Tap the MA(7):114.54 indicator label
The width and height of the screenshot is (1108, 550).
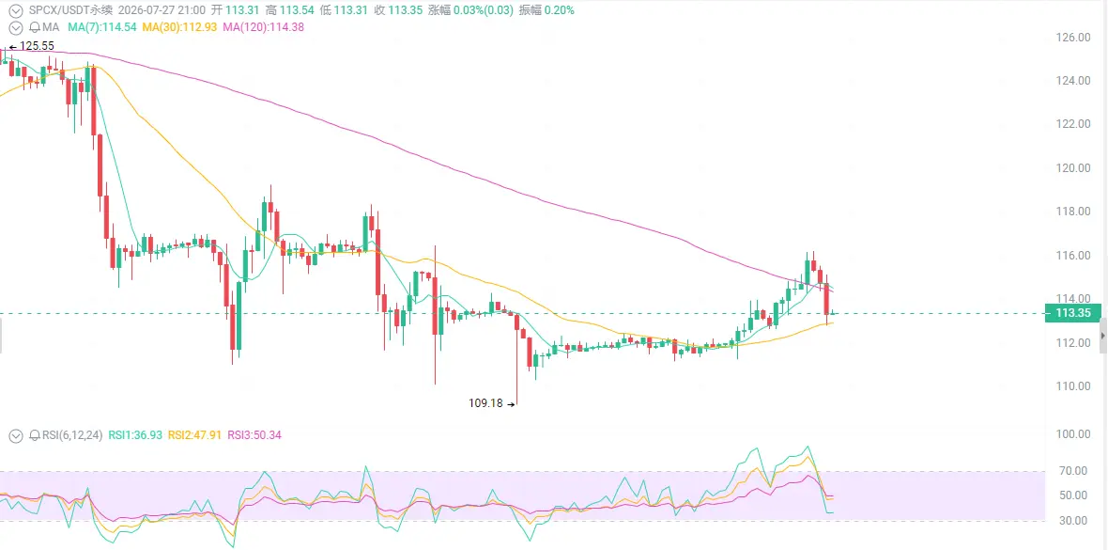pyautogui.click(x=102, y=27)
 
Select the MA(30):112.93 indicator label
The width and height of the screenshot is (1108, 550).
pyautogui.click(x=179, y=27)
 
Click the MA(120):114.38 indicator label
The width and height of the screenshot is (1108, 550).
pyautogui.click(x=263, y=27)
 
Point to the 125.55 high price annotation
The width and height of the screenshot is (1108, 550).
pyautogui.click(x=37, y=46)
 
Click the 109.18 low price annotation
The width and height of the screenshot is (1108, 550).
pyautogui.click(x=486, y=403)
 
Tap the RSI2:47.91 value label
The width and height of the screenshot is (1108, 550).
pyautogui.click(x=195, y=435)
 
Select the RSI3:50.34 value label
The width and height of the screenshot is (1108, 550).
pyautogui.click(x=254, y=435)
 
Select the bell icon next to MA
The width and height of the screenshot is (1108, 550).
pyautogui.click(x=34, y=27)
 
